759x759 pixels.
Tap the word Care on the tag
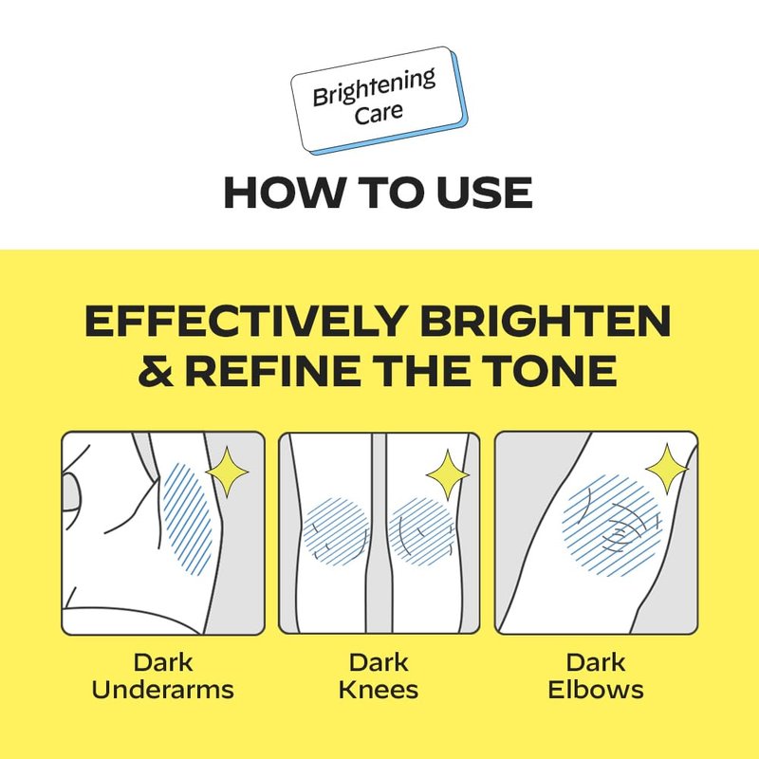click(x=379, y=113)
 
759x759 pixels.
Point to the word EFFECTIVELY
click(x=245, y=321)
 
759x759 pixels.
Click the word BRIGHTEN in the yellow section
click(x=545, y=321)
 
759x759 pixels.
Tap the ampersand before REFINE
click(x=156, y=370)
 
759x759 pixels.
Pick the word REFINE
click(x=272, y=370)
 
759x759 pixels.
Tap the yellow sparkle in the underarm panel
click(x=227, y=472)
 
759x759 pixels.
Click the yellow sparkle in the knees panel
click(x=448, y=475)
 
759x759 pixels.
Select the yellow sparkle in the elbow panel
click(x=667, y=469)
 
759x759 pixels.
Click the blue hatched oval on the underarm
click(x=188, y=519)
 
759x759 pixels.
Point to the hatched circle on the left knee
click(x=337, y=531)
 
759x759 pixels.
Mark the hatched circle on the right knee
click(x=421, y=531)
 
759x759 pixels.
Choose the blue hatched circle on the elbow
click(x=612, y=526)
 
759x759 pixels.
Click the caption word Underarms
click(x=162, y=690)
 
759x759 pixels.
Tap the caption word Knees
click(x=379, y=690)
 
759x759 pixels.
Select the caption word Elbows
click(x=596, y=690)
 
